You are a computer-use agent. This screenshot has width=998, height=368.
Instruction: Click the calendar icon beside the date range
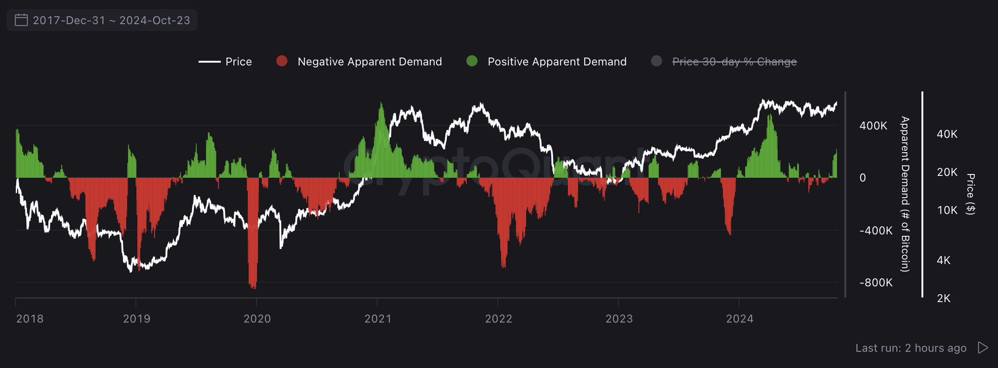pyautogui.click(x=21, y=20)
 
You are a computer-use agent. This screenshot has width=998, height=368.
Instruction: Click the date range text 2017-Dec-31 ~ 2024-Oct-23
pyautogui.click(x=111, y=20)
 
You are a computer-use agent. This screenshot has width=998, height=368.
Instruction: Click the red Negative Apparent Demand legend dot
pyautogui.click(x=282, y=61)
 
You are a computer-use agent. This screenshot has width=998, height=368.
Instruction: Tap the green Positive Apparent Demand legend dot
pyautogui.click(x=472, y=61)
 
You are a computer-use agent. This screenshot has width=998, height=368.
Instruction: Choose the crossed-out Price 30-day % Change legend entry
pyautogui.click(x=734, y=62)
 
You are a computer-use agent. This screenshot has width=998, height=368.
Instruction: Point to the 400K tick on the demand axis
pyautogui.click(x=873, y=126)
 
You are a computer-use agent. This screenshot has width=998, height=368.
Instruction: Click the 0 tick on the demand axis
pyautogui.click(x=863, y=178)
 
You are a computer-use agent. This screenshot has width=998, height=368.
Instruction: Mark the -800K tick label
pyautogui.click(x=876, y=283)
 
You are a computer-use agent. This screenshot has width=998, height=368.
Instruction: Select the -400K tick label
pyautogui.click(x=876, y=231)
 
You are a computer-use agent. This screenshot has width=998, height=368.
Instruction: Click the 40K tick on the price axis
pyautogui.click(x=947, y=134)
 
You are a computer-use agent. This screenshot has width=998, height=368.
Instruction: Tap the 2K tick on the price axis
pyautogui.click(x=944, y=298)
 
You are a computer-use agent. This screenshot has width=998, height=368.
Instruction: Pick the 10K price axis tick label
pyautogui.click(x=947, y=210)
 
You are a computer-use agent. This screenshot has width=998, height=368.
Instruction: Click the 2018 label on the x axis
pyautogui.click(x=30, y=319)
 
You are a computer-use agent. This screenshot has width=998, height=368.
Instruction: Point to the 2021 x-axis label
pyautogui.click(x=378, y=319)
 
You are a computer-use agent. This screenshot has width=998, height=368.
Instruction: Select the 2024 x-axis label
pyautogui.click(x=740, y=319)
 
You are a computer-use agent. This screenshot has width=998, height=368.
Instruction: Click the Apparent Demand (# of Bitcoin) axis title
pyautogui.click(x=905, y=194)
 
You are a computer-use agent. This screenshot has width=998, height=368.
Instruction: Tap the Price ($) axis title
pyautogui.click(x=971, y=194)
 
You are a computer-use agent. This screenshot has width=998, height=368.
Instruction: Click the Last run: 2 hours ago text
pyautogui.click(x=911, y=348)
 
